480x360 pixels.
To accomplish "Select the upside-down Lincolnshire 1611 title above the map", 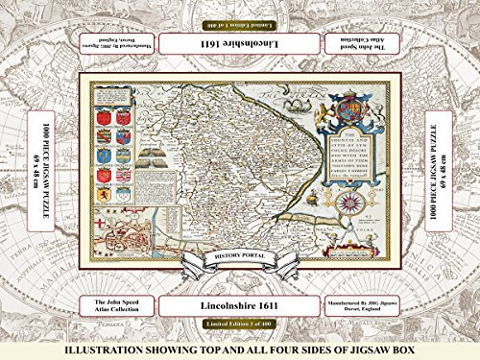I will coord(240,45).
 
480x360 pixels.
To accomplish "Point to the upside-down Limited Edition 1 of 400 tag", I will coord(240,22).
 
